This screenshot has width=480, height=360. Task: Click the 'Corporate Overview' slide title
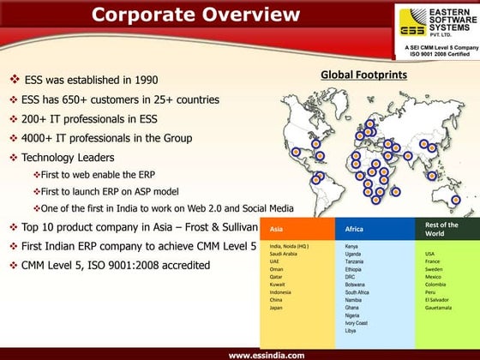tap(195, 15)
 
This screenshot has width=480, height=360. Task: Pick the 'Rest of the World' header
tap(442, 229)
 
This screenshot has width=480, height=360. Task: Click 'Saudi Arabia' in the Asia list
tap(284, 253)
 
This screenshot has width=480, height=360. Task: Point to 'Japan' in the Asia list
tap(276, 308)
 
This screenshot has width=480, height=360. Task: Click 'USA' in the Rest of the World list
tap(430, 254)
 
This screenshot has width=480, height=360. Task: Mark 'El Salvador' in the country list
tap(438, 300)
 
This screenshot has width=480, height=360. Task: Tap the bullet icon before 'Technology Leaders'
tap(13, 158)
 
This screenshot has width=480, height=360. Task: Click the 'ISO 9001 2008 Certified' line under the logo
tap(436, 55)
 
